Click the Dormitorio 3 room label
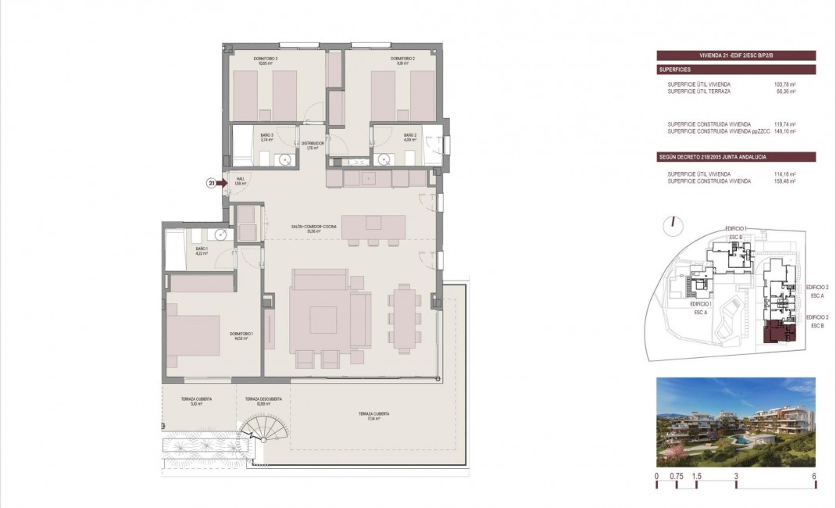click(x=266, y=61)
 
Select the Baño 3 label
click(x=267, y=137)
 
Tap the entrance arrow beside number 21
click(x=222, y=184)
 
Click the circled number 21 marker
click(x=211, y=184)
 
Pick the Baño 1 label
click(x=201, y=251)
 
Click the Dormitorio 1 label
click(x=239, y=336)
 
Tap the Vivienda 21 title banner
click(x=736, y=55)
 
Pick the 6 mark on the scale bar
click(x=815, y=476)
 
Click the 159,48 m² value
click(x=784, y=181)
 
